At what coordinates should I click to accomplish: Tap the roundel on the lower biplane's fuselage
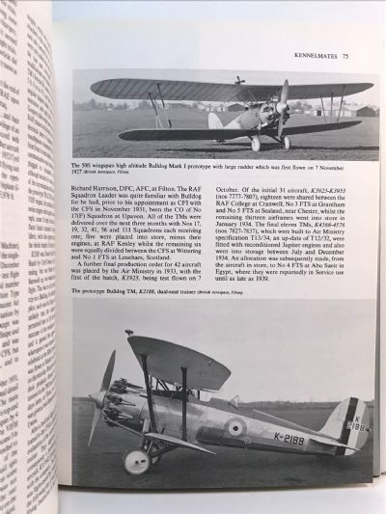236,426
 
